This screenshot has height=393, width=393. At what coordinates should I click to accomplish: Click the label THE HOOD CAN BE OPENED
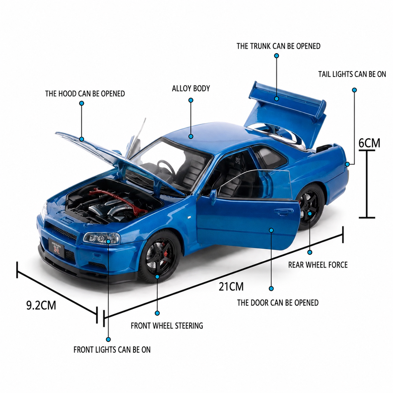tap(85, 94)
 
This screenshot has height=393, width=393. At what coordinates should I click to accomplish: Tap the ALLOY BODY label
tap(191, 88)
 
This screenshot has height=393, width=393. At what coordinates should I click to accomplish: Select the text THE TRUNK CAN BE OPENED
tap(278, 46)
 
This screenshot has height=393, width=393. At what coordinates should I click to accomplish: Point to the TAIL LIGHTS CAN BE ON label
tap(352, 74)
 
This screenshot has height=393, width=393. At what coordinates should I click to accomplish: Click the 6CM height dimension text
tap(369, 143)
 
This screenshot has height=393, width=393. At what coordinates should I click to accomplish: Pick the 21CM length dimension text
tap(231, 286)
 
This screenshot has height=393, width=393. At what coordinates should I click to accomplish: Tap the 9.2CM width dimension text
tap(41, 306)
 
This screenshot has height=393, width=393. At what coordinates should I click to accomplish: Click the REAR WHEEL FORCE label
tap(318, 265)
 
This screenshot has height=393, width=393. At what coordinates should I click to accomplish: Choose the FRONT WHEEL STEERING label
tap(167, 326)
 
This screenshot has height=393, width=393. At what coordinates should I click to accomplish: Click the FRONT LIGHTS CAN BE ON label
tap(112, 349)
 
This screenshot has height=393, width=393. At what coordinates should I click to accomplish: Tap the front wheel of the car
tap(159, 257)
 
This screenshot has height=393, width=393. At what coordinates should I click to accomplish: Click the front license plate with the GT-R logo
tap(56, 248)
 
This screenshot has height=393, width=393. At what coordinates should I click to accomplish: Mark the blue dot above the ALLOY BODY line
tap(191, 100)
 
